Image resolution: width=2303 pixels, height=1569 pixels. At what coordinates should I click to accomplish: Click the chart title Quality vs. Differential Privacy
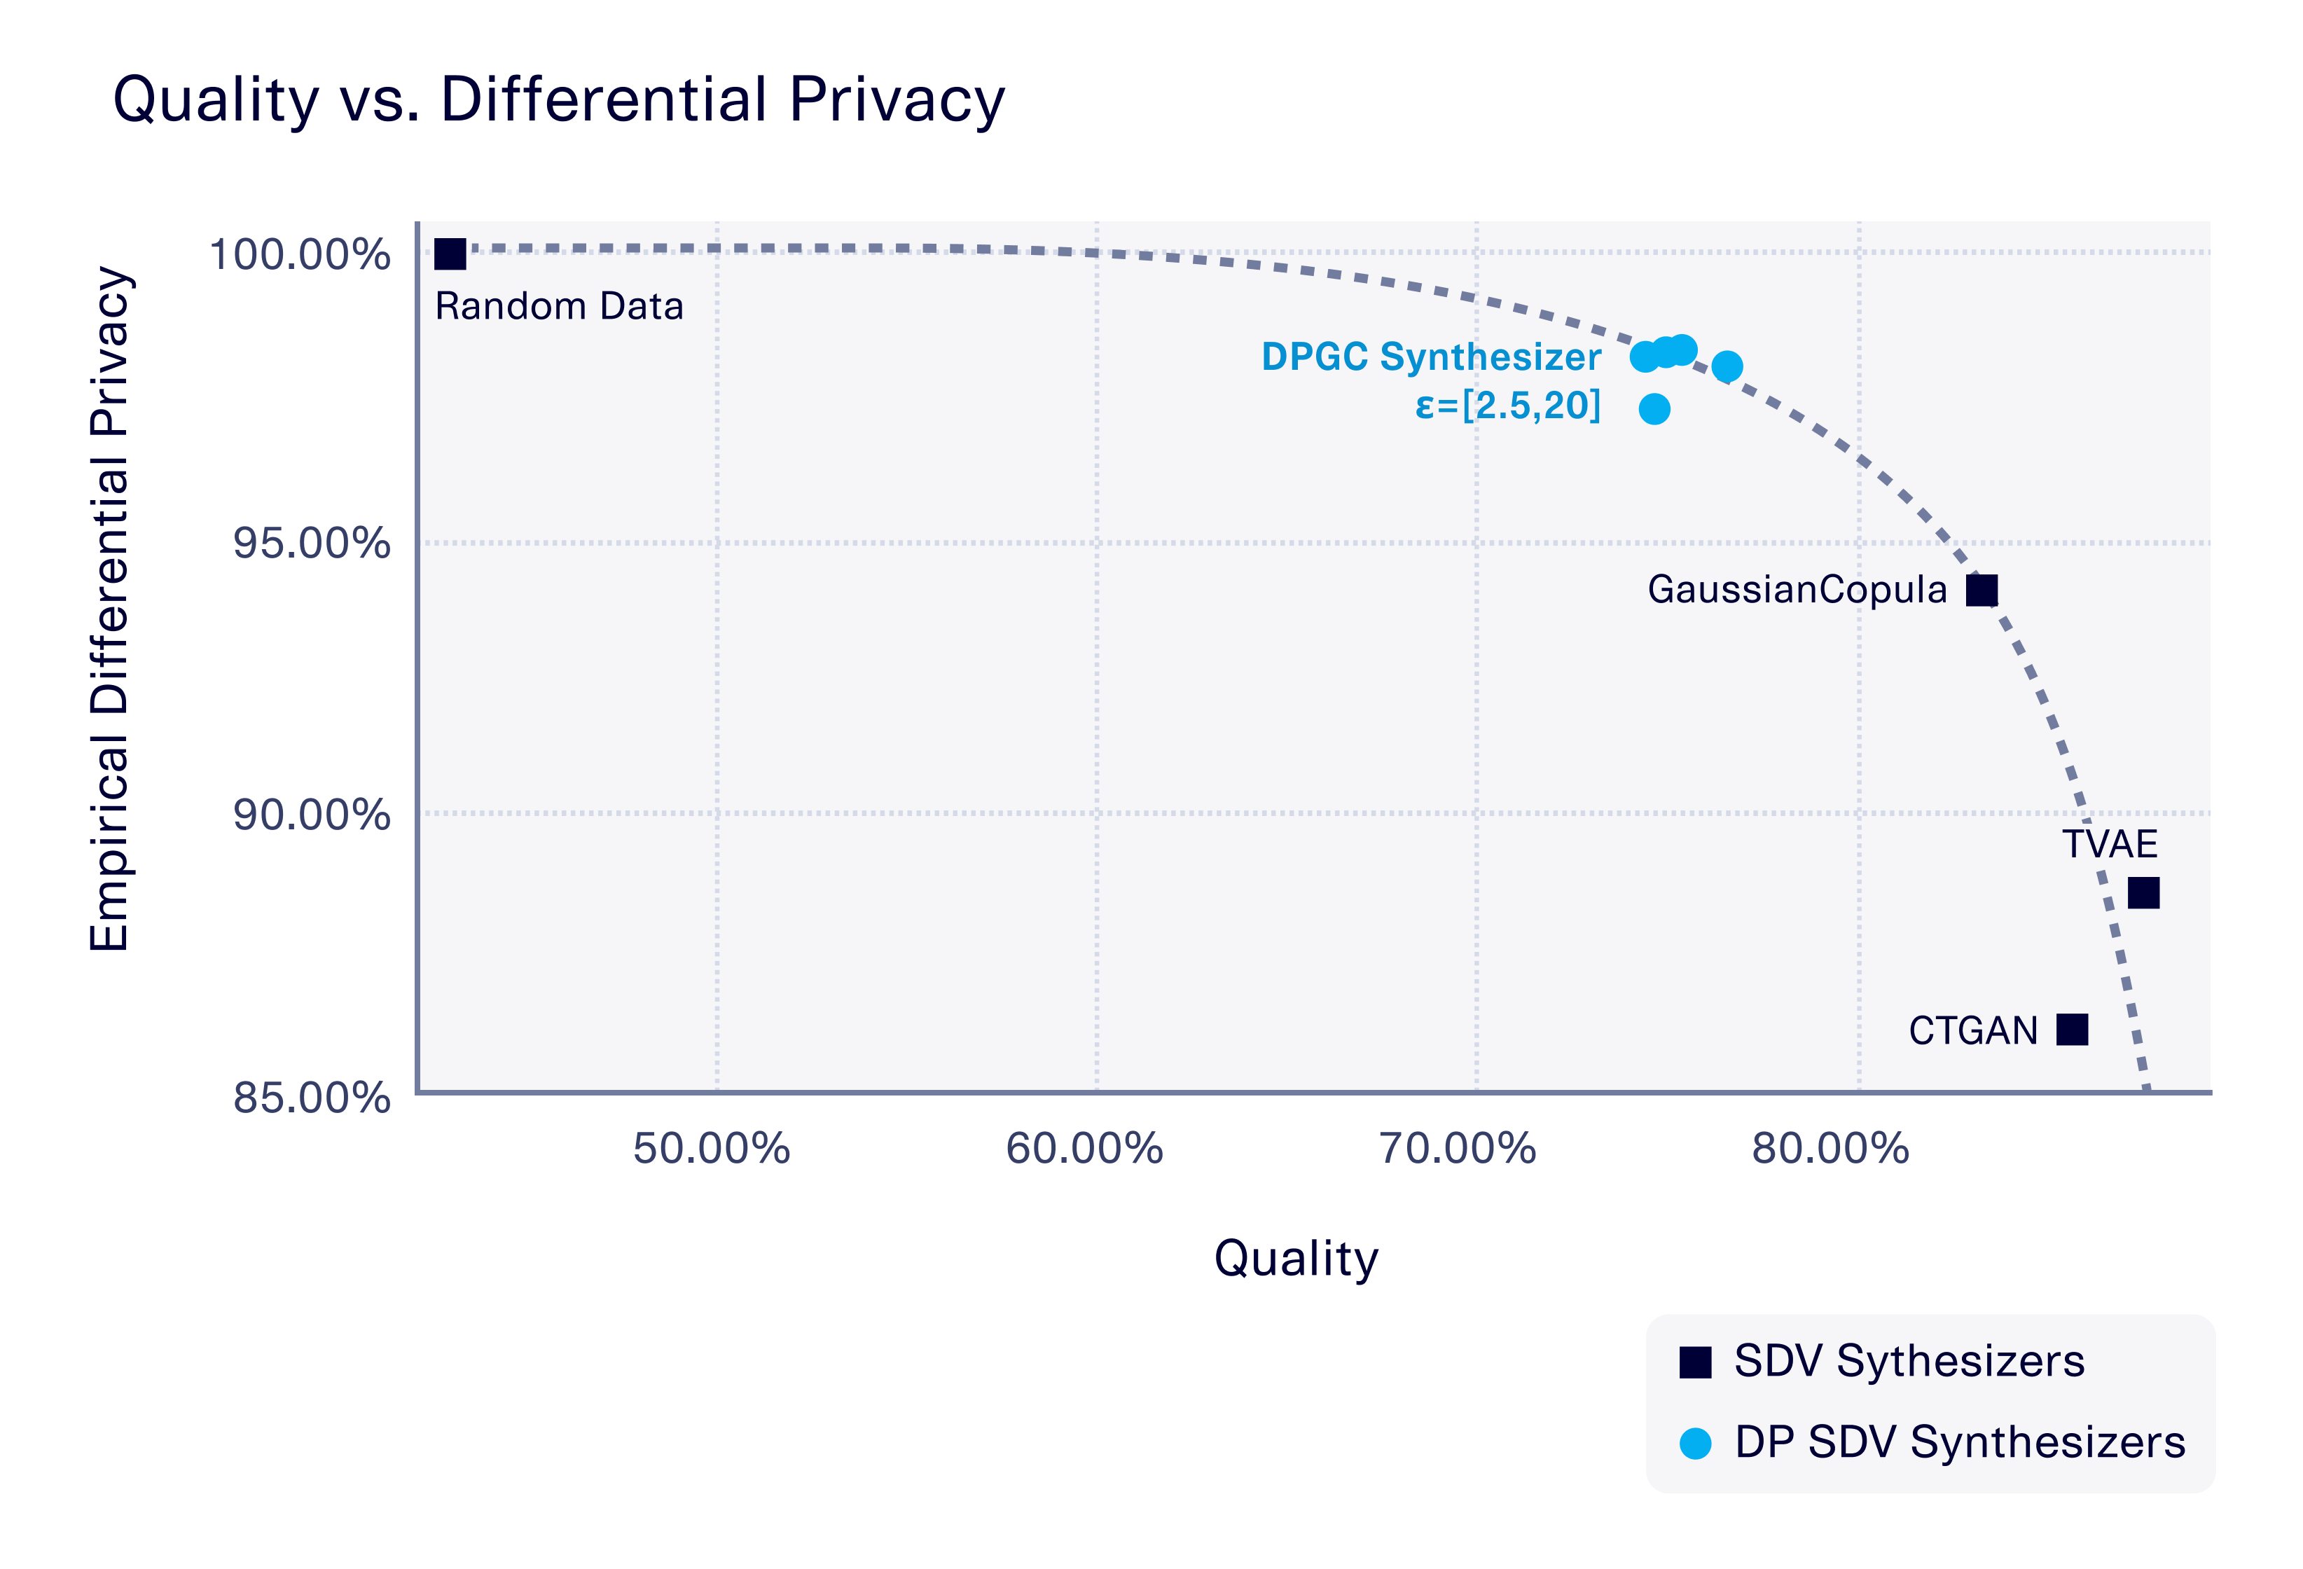(559, 100)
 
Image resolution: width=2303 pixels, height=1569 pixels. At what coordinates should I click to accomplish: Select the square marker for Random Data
(450, 254)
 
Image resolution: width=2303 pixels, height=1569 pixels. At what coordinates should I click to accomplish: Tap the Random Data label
(559, 306)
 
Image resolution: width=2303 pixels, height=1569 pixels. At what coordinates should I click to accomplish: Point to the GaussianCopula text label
(1797, 590)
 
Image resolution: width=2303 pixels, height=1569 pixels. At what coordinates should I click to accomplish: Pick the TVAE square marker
(2143, 893)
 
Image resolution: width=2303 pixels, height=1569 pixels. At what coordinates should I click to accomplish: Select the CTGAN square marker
(2072, 1030)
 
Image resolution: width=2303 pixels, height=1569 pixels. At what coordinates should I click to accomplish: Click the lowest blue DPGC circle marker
(1654, 408)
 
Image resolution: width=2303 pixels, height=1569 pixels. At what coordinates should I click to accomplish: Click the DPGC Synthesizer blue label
(1431, 357)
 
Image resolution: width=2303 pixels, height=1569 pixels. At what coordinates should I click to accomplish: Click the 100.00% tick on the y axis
(299, 255)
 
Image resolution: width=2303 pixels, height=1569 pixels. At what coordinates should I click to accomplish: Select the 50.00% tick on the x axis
(712, 1149)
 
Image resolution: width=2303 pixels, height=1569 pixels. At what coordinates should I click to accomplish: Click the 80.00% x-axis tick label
(1830, 1149)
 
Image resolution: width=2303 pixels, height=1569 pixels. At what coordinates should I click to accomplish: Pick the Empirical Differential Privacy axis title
(109, 609)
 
